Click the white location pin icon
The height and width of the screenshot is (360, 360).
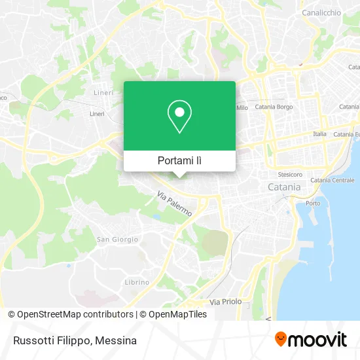pyautogui.click(x=179, y=116)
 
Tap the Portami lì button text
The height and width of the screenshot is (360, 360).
pyautogui.click(x=179, y=160)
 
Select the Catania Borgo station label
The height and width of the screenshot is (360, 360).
pyautogui.click(x=274, y=106)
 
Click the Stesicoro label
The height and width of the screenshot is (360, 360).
pyautogui.click(x=290, y=175)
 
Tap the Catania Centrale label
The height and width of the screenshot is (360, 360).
pyautogui.click(x=332, y=180)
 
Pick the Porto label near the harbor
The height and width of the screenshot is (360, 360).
pyautogui.click(x=314, y=203)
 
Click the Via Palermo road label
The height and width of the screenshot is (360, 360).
pyautogui.click(x=174, y=204)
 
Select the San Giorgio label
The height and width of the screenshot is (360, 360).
pyautogui.click(x=117, y=240)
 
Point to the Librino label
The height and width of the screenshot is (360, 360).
pyautogui.click(x=137, y=282)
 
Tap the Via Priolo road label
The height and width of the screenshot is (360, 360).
pyautogui.click(x=225, y=302)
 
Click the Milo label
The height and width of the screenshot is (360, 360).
pyautogui.click(x=242, y=107)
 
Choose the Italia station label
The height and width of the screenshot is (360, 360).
pyautogui.click(x=319, y=134)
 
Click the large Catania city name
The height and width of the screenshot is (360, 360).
pyautogui.click(x=284, y=187)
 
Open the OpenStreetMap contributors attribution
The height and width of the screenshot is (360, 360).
pyautogui.click(x=71, y=314)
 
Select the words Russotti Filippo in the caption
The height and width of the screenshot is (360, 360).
pyautogui.click(x=49, y=340)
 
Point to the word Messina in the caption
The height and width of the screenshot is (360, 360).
pyautogui.click(x=117, y=340)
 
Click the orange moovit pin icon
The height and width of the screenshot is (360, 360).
pyautogui.click(x=281, y=339)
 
